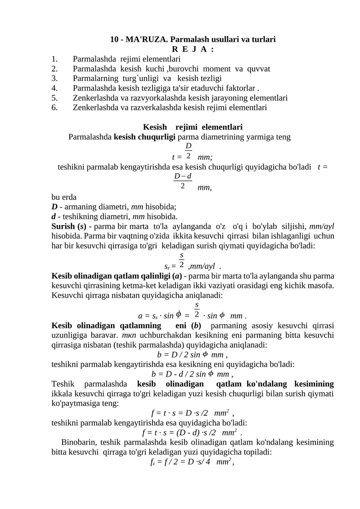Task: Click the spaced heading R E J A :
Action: [193, 49]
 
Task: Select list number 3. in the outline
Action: [54, 78]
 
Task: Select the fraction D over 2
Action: [188, 150]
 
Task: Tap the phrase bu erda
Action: [64, 197]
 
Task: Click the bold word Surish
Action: [64, 226]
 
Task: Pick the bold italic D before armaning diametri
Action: [54, 207]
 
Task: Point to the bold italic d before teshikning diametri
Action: [54, 216]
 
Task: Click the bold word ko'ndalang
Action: [267, 384]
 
